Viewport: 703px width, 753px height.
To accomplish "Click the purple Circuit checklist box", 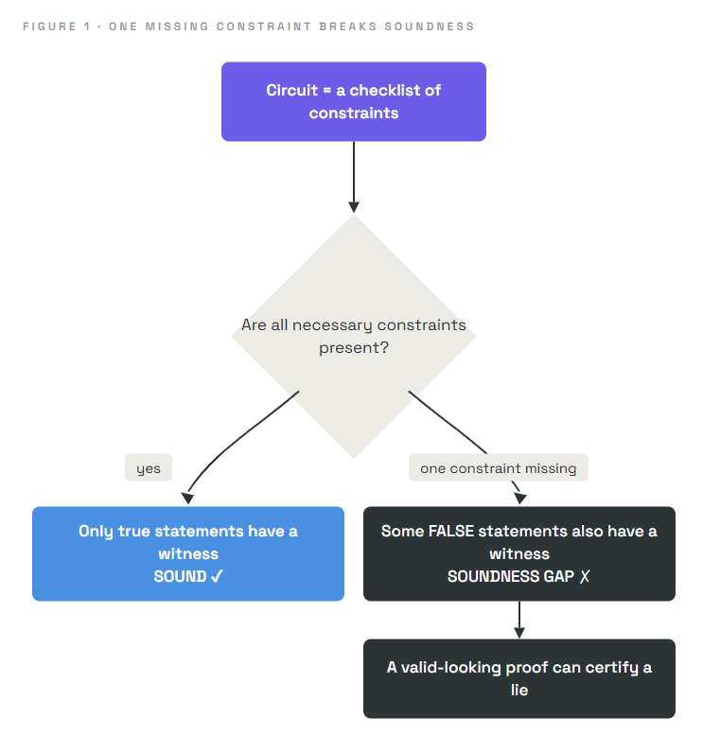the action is click(x=354, y=101).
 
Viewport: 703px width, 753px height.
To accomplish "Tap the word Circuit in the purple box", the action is click(x=292, y=90).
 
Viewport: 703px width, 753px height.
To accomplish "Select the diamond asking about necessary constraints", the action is click(x=354, y=336).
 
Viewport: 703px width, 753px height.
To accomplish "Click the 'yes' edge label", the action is click(x=149, y=467).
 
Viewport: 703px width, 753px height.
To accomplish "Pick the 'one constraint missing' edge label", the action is click(x=499, y=467).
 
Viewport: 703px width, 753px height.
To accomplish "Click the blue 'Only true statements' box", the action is click(x=188, y=553).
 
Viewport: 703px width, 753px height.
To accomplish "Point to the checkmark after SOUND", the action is click(x=217, y=576).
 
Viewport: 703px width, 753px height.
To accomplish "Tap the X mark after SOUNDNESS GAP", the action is click(x=585, y=576).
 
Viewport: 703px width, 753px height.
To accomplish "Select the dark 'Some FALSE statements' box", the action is click(x=519, y=553).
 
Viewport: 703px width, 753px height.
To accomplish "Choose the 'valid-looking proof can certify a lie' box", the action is click(x=519, y=678).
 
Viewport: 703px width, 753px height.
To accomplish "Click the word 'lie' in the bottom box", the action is click(x=519, y=690).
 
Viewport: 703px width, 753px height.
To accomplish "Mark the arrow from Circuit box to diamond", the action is click(x=354, y=177).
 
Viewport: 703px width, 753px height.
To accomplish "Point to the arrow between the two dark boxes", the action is click(x=519, y=620).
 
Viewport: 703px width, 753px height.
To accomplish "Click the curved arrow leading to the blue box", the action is click(x=230, y=443).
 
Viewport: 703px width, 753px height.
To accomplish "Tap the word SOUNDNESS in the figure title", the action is click(x=430, y=26).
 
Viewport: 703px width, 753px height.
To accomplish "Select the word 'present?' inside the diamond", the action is click(x=354, y=348).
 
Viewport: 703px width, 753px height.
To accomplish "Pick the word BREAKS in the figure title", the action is click(x=348, y=26).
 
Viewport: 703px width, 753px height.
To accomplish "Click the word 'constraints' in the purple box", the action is click(x=354, y=114).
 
